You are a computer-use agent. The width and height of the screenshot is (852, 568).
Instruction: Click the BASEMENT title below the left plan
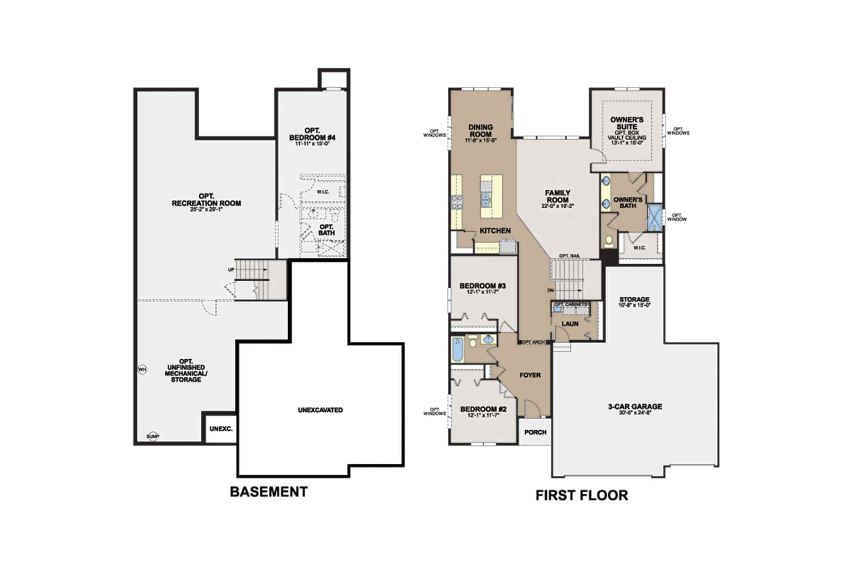pyautogui.click(x=268, y=492)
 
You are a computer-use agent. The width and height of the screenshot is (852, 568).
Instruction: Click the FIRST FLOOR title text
pyautogui.click(x=581, y=495)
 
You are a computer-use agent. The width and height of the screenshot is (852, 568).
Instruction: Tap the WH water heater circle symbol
pyautogui.click(x=142, y=369)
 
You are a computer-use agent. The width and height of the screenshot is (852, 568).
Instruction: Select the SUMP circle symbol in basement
pyautogui.click(x=152, y=436)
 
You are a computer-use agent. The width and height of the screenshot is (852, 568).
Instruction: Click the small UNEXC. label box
pyautogui.click(x=221, y=429)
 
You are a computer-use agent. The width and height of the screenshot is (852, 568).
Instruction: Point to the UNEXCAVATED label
pyautogui.click(x=320, y=410)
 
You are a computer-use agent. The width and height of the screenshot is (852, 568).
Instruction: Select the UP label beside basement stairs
pyautogui.click(x=231, y=269)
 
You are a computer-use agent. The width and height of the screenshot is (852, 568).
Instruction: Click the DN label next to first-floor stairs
pyautogui.click(x=550, y=290)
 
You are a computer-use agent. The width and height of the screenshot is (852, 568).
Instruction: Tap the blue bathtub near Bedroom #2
pyautogui.click(x=457, y=350)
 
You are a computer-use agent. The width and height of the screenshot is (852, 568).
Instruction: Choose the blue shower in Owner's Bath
pyautogui.click(x=655, y=217)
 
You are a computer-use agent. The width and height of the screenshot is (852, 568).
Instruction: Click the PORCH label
pyautogui.click(x=535, y=432)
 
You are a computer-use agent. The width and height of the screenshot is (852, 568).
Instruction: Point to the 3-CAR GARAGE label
pyautogui.click(x=635, y=406)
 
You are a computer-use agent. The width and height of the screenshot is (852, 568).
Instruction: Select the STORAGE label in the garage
pyautogui.click(x=634, y=300)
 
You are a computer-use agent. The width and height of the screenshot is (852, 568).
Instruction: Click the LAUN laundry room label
pyautogui.click(x=570, y=324)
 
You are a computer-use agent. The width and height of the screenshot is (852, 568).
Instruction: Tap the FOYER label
pyautogui.click(x=530, y=375)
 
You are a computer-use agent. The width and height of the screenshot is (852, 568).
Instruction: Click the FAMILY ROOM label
pyautogui.click(x=557, y=196)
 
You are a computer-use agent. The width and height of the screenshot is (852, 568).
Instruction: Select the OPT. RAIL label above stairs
pyautogui.click(x=569, y=256)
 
